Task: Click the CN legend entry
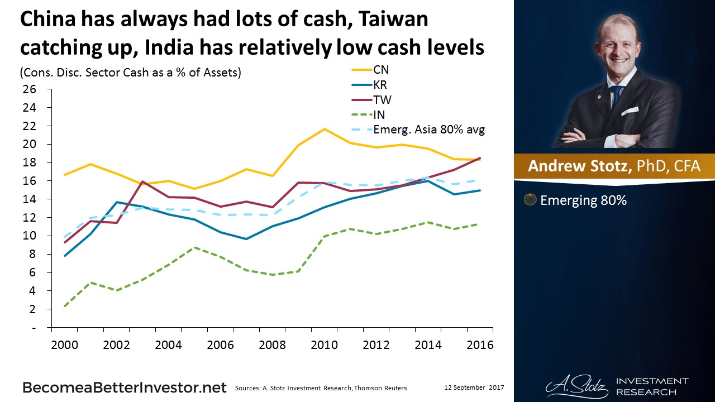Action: tap(370, 70)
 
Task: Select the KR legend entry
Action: tap(369, 84)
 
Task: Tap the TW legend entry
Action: tap(371, 99)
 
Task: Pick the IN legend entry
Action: tap(368, 114)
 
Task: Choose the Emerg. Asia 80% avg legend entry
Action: tap(418, 130)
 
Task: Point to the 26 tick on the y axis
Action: tap(30, 89)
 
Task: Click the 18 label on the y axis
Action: tap(30, 162)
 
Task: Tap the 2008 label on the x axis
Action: tap(272, 345)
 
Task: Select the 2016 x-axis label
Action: tap(480, 345)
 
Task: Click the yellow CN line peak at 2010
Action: tap(325, 129)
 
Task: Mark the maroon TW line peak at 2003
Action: tap(142, 181)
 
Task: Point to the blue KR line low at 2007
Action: tap(246, 238)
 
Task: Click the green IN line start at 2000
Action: tap(65, 306)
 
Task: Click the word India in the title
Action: tap(169, 47)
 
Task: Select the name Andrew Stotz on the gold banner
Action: tap(580, 166)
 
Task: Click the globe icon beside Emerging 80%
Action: tap(530, 200)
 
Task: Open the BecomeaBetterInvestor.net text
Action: tap(125, 387)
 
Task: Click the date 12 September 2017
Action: tap(474, 387)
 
